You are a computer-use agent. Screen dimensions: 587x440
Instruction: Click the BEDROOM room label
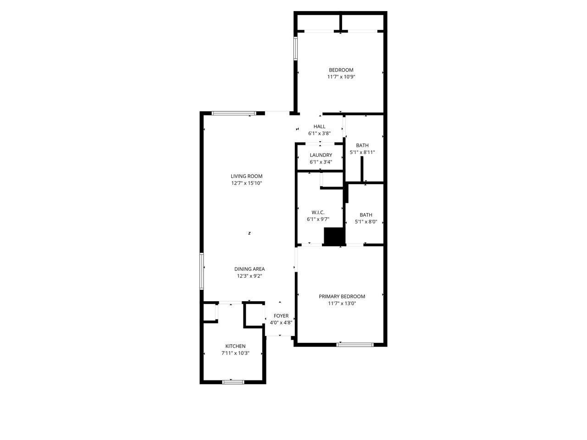tap(341, 70)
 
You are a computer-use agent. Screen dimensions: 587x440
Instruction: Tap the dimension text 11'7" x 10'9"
tap(341, 77)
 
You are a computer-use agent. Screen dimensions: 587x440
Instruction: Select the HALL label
tap(319, 126)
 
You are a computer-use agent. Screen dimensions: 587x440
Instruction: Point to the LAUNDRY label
tap(321, 155)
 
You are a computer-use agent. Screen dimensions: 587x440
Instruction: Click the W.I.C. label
tap(318, 212)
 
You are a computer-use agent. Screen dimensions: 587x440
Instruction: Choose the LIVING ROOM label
tap(247, 176)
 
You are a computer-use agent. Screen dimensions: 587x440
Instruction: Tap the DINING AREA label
tap(249, 269)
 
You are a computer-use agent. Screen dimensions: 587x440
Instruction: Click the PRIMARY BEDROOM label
tap(342, 296)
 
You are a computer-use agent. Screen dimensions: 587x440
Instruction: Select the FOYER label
tap(281, 316)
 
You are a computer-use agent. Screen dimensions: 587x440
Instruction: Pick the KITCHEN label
tap(235, 346)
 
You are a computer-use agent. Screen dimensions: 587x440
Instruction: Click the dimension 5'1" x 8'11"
tap(362, 152)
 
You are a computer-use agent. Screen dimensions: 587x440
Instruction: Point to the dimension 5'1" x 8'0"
tap(366, 221)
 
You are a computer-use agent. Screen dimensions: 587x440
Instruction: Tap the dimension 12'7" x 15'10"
tap(247, 183)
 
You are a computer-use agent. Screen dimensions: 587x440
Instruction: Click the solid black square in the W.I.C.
tap(335, 236)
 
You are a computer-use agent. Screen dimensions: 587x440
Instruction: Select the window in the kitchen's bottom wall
tap(233, 382)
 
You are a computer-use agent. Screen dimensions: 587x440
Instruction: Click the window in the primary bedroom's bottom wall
tap(355, 345)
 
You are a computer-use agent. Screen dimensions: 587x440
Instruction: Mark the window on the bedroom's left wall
tap(295, 49)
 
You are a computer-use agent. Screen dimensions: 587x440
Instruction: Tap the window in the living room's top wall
tap(234, 113)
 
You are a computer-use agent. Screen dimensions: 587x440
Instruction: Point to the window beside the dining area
tap(202, 271)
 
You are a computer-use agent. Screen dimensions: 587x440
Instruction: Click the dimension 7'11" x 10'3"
tap(235, 353)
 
